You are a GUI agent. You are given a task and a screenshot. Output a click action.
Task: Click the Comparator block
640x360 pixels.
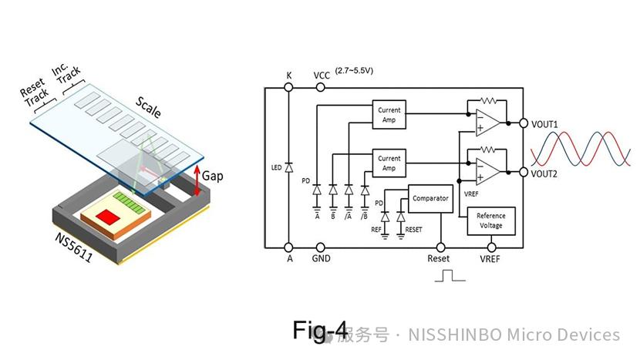click(430, 199)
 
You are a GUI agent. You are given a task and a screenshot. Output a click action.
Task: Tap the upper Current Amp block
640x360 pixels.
click(389, 116)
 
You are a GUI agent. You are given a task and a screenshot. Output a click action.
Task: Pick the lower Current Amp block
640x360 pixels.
click(389, 163)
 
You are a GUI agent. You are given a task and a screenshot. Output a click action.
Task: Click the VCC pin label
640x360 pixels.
click(322, 76)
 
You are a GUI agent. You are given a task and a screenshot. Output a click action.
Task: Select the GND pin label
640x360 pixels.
click(322, 259)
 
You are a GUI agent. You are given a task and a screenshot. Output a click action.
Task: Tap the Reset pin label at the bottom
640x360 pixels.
click(439, 259)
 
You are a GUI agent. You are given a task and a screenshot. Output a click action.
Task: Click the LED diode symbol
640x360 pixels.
click(288, 167)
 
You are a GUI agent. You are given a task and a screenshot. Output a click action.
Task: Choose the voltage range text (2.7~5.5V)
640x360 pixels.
click(355, 71)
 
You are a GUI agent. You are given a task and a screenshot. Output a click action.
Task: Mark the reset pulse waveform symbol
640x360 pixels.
click(450, 276)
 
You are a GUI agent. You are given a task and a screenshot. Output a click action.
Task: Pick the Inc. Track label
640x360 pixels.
click(66, 76)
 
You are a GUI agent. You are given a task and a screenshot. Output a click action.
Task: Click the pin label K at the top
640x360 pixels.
click(289, 76)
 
